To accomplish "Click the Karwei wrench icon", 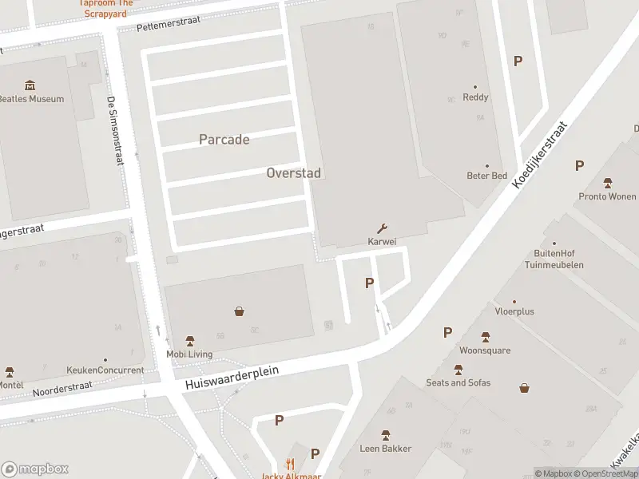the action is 382,228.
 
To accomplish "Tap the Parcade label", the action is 224,140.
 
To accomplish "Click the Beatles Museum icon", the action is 30,85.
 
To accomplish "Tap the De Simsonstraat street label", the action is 115,131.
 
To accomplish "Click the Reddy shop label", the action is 475,97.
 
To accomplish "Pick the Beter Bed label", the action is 486,176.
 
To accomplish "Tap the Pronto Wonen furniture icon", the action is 608,183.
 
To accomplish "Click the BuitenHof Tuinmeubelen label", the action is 554,259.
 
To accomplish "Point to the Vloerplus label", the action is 514,311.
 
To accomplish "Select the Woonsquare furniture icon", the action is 485,337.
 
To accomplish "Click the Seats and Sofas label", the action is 458,382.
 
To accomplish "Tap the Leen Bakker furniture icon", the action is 385,435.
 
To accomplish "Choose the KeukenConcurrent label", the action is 105,370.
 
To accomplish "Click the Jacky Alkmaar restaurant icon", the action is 291,465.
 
